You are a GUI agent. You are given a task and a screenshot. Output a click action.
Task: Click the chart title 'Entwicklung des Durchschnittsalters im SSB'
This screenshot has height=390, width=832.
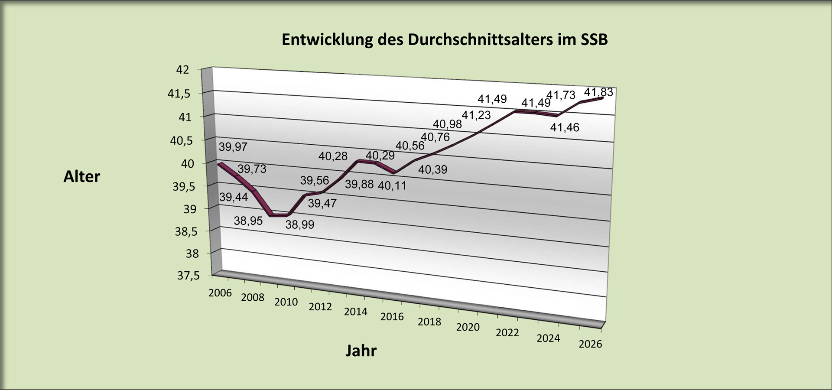pyautogui.click(x=445, y=39)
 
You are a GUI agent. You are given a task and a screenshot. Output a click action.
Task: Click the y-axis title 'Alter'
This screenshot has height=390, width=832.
pyautogui.click(x=81, y=176)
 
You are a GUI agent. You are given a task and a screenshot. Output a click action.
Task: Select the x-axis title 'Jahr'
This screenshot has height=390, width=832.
pyautogui.click(x=361, y=350)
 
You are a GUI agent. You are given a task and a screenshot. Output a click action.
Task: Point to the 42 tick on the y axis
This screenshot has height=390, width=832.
pyautogui.click(x=183, y=70)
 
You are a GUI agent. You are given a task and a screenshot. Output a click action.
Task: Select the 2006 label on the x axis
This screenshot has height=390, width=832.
pyautogui.click(x=220, y=293)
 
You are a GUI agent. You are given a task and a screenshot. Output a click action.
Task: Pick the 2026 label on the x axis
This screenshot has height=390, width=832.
pyautogui.click(x=590, y=344)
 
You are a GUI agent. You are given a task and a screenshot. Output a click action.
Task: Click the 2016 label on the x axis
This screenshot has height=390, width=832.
pyautogui.click(x=392, y=317)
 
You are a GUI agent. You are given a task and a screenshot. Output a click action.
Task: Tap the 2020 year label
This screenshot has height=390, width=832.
pyautogui.click(x=468, y=327)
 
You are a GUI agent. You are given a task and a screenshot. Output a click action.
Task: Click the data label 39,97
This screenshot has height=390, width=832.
pyautogui.click(x=233, y=147)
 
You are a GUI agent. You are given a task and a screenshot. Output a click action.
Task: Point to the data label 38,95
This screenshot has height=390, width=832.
pyautogui.click(x=248, y=221)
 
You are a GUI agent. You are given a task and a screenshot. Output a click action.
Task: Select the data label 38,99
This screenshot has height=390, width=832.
pyautogui.click(x=299, y=225)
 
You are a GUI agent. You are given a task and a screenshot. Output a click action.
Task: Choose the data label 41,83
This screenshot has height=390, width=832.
pyautogui.click(x=598, y=92)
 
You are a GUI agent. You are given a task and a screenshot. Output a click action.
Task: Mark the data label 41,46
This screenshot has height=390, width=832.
pyautogui.click(x=565, y=127)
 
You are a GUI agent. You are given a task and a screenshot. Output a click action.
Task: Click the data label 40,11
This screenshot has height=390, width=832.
pyautogui.click(x=392, y=186)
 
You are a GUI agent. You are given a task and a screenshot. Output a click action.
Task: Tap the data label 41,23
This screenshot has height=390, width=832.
pyautogui.click(x=476, y=115)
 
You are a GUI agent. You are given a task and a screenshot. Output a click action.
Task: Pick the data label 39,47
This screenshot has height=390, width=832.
pyautogui.click(x=322, y=203)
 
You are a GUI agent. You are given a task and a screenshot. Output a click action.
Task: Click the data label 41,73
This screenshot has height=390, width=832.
pyautogui.click(x=561, y=95)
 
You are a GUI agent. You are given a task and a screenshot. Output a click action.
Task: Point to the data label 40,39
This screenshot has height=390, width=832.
pyautogui.click(x=432, y=170)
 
